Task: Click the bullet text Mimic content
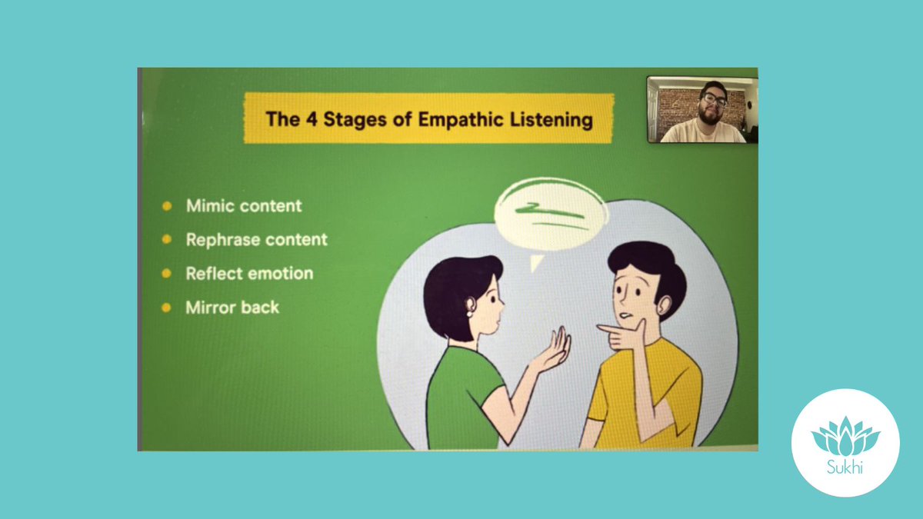click(x=244, y=206)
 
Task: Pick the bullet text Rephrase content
click(x=256, y=240)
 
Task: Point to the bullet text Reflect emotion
click(x=249, y=274)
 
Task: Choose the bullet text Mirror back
click(x=232, y=308)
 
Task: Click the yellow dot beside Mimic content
click(x=167, y=206)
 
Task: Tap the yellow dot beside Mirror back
click(x=167, y=308)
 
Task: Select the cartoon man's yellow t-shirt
click(x=646, y=392)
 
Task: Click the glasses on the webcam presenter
click(x=714, y=100)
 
